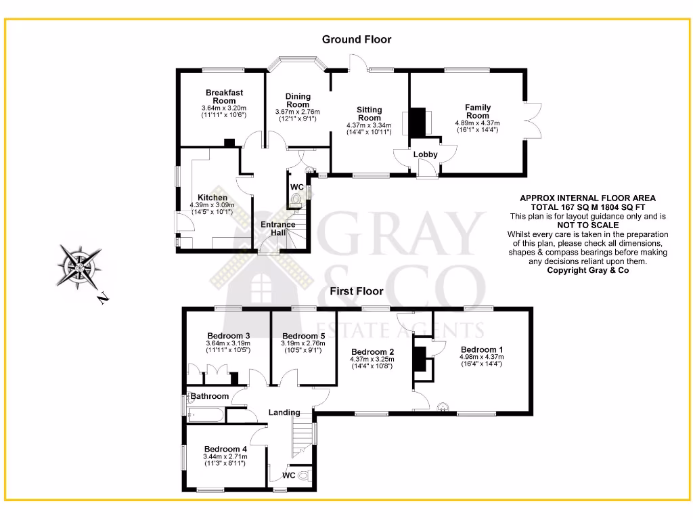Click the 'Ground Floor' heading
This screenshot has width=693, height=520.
(x=356, y=40)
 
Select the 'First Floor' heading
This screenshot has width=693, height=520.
(x=356, y=292)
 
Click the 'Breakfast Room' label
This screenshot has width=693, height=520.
(x=224, y=96)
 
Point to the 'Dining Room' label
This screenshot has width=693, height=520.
(x=297, y=100)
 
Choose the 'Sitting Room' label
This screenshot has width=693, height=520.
(x=369, y=113)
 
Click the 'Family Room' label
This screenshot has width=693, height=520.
(x=477, y=111)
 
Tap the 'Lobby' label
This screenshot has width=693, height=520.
(x=426, y=154)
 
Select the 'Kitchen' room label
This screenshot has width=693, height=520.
(x=213, y=198)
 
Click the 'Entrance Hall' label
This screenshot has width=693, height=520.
(x=278, y=229)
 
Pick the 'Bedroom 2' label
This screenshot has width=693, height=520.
(x=372, y=351)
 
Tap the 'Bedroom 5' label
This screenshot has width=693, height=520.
(x=303, y=337)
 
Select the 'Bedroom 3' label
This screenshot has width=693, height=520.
(x=229, y=336)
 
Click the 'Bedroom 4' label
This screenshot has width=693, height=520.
(x=225, y=449)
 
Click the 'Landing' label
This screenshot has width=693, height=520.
(x=284, y=412)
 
